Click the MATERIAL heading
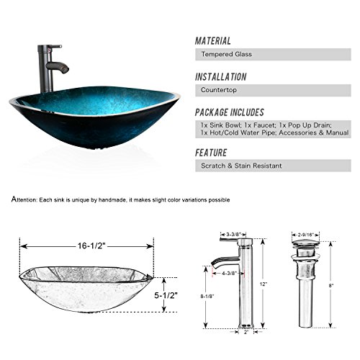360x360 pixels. (214, 41)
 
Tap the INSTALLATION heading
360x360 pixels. (221, 77)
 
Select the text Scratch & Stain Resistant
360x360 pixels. (241, 166)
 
